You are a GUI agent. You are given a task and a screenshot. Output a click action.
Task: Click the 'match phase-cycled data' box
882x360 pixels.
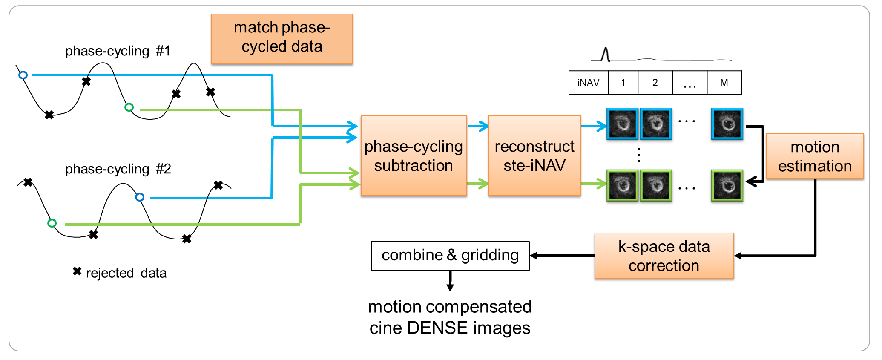point(282,39)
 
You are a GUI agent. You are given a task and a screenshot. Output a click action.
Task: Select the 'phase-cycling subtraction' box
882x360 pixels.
point(414,156)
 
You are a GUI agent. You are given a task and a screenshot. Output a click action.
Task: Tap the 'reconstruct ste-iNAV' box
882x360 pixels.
point(534,156)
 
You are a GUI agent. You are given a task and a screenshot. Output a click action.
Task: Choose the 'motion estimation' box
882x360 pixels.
point(815,156)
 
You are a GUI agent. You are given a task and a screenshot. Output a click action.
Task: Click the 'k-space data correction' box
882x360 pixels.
point(664,256)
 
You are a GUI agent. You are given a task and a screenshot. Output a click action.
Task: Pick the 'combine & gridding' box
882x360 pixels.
point(450,256)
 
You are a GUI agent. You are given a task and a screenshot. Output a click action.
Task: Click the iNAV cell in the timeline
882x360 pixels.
point(588,83)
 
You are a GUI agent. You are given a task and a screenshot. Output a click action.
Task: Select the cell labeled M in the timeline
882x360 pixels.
point(724,83)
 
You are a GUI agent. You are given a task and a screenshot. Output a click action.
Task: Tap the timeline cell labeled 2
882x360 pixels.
point(655,83)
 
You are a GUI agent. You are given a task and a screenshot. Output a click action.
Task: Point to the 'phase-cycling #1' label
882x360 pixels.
point(118,51)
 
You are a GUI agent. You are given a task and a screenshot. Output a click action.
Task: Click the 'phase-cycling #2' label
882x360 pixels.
point(118,169)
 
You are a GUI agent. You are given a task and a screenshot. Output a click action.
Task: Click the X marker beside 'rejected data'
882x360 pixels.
point(77,271)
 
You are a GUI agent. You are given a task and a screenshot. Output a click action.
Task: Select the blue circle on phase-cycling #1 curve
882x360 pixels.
point(23,75)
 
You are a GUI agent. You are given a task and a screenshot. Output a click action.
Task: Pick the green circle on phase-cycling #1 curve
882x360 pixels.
point(129,107)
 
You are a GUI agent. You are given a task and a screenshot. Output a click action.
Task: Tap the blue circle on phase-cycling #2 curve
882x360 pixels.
point(140,197)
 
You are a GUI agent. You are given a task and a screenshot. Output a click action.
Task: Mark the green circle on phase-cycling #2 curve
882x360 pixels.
point(52,223)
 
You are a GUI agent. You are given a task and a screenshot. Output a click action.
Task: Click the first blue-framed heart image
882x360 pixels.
point(622,124)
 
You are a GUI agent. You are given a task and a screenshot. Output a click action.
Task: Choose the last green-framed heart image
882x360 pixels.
point(727,185)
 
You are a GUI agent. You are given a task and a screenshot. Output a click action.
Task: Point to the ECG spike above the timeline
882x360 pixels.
point(605,55)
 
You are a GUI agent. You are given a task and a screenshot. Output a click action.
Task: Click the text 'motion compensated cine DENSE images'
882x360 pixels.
point(450,317)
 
